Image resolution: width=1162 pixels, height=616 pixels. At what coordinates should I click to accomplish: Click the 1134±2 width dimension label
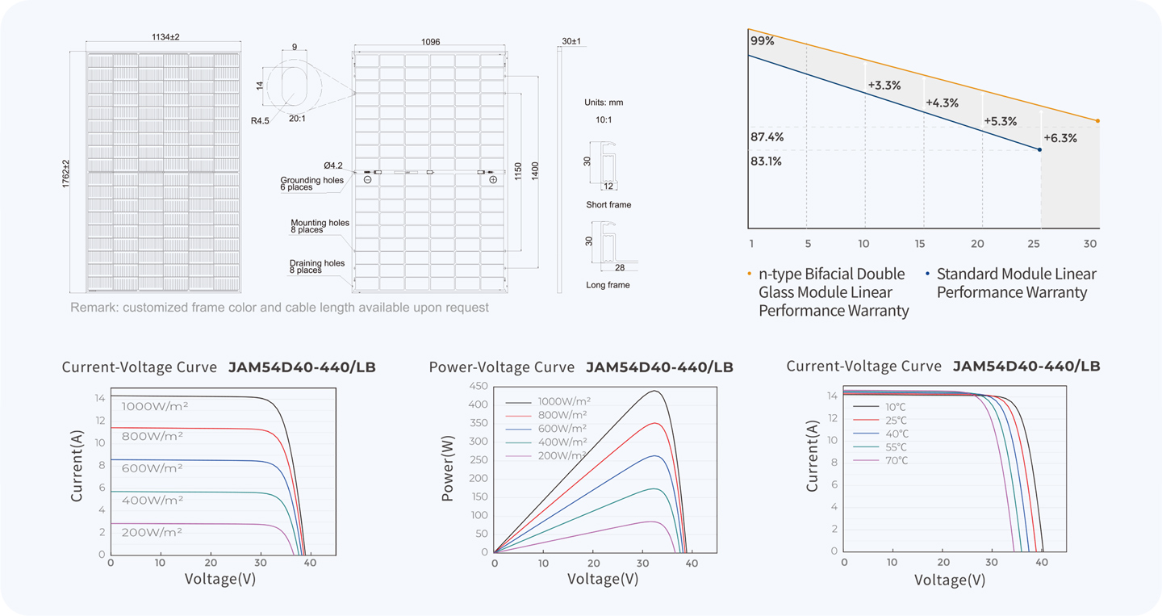[165, 37]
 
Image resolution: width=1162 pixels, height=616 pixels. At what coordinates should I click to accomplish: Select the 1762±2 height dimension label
[66, 174]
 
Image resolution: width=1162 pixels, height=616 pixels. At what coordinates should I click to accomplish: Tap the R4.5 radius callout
[260, 121]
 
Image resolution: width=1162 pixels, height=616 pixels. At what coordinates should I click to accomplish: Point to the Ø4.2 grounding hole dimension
[333, 166]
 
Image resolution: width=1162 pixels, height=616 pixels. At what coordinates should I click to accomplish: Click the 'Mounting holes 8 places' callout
[320, 226]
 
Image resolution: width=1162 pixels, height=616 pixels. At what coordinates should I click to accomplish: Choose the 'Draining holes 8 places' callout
[317, 266]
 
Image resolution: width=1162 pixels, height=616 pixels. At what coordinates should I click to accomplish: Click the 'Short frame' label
[608, 204]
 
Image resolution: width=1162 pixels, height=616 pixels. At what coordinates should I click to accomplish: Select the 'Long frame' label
[608, 285]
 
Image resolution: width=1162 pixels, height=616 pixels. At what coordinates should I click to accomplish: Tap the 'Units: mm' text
[604, 103]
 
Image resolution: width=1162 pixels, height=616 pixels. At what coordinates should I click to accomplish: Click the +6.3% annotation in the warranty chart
[1060, 138]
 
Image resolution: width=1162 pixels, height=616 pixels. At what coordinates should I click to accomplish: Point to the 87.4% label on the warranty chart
[767, 137]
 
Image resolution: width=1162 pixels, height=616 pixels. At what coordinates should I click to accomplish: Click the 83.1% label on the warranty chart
[766, 161]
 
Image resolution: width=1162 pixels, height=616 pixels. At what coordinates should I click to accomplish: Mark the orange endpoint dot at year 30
[1097, 121]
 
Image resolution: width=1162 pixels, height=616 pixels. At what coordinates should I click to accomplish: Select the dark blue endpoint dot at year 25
[1039, 149]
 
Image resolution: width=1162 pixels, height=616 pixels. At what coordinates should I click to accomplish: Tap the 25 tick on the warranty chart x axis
[1034, 244]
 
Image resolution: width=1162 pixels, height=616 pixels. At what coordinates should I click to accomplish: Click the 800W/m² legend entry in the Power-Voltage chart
[546, 415]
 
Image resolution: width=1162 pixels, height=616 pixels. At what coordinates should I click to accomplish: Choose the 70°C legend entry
[881, 460]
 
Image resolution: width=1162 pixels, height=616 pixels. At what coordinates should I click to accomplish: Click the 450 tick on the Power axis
[479, 386]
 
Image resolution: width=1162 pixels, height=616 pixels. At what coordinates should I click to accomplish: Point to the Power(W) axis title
[447, 468]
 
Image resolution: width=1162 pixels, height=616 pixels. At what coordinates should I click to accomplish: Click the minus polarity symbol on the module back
[367, 179]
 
